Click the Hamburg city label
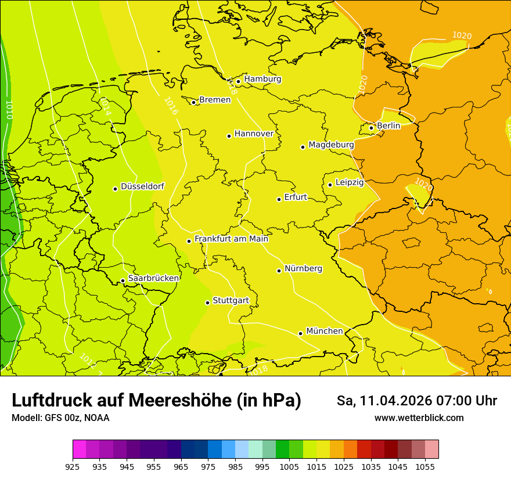point(262,79)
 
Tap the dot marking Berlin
point(372,128)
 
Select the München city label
point(324,331)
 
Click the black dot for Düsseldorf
point(116,189)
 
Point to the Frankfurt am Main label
point(231,239)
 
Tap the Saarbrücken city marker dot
point(123,281)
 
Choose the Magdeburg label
point(331,145)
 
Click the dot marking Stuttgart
point(207,303)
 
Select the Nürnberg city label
point(303,269)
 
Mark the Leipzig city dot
point(330,185)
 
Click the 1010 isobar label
point(9,110)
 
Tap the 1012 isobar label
point(87,361)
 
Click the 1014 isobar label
point(105,106)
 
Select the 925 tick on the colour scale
point(73,466)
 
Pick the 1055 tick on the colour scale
point(425,466)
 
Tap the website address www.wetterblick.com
point(419,418)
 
